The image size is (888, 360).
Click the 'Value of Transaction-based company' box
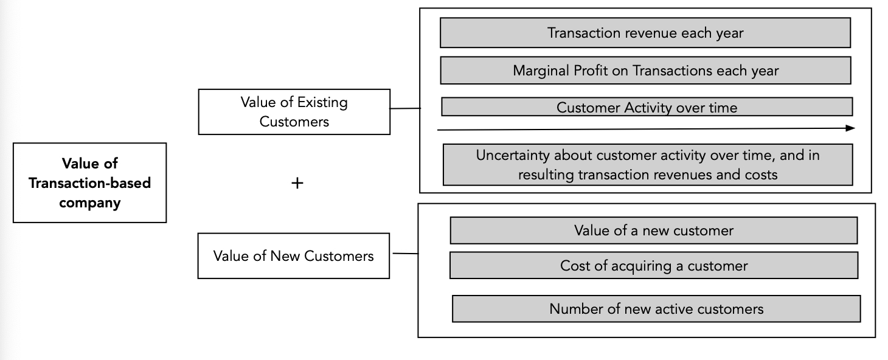click(x=89, y=182)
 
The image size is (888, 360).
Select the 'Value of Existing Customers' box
click(x=294, y=112)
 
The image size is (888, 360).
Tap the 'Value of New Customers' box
click(x=293, y=256)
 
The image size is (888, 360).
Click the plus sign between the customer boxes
click(x=297, y=182)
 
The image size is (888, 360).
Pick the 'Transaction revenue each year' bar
click(x=645, y=33)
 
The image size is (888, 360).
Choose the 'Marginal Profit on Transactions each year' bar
click(x=645, y=71)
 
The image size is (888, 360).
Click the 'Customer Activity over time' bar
click(x=647, y=108)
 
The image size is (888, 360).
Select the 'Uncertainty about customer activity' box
click(x=647, y=164)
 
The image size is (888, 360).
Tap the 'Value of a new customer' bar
click(x=653, y=230)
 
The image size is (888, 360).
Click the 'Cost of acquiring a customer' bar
click(x=653, y=266)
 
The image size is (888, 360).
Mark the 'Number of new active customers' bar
click(x=656, y=308)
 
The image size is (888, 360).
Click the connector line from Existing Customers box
click(x=405, y=109)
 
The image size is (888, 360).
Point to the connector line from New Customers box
click(x=405, y=254)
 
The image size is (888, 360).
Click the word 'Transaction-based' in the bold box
click(x=89, y=183)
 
